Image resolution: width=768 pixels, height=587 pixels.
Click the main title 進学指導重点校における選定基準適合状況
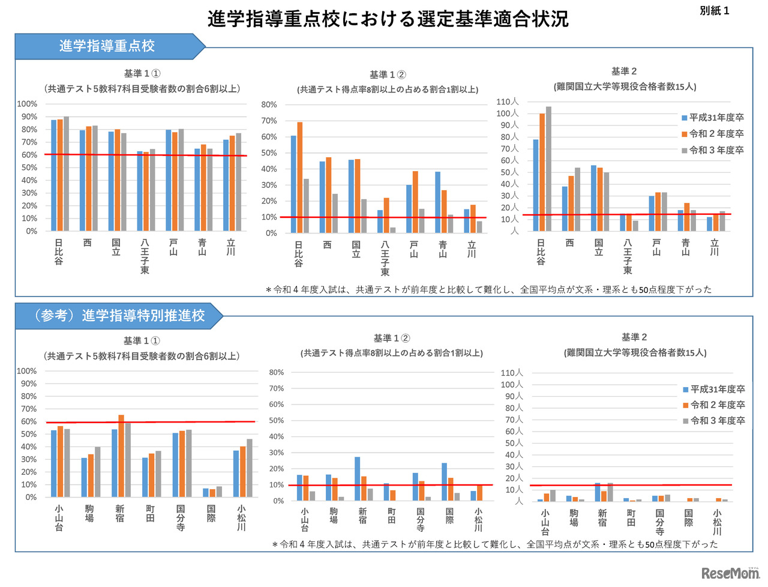[x=388, y=19]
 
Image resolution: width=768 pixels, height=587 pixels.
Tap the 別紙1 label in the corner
[x=714, y=11]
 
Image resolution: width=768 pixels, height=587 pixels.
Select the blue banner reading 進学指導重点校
[x=107, y=46]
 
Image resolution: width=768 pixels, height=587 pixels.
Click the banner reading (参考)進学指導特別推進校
[x=119, y=315]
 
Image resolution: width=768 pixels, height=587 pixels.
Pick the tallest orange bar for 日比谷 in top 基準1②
[x=299, y=177]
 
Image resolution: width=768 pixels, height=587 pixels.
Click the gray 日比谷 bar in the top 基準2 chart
[x=548, y=169]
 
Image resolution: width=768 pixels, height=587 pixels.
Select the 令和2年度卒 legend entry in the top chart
[x=713, y=134]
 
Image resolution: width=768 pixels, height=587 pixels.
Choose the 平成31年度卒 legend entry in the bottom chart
[x=714, y=390]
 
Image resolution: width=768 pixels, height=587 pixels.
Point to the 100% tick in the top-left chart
[x=27, y=104]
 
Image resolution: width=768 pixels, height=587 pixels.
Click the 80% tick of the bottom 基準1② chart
[x=276, y=373]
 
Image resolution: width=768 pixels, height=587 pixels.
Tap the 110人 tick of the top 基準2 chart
[x=508, y=102]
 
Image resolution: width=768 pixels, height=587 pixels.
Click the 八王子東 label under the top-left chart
[x=145, y=256]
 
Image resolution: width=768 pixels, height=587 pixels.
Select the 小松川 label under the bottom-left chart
[x=241, y=517]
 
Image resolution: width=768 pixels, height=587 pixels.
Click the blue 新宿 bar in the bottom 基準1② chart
[x=357, y=478]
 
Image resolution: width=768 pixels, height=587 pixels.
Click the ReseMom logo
[x=730, y=573]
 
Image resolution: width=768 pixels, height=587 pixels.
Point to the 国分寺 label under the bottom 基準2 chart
[x=659, y=522]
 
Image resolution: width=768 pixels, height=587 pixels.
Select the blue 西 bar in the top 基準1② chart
[x=322, y=197]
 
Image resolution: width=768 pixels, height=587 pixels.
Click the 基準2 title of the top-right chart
[x=624, y=71]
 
